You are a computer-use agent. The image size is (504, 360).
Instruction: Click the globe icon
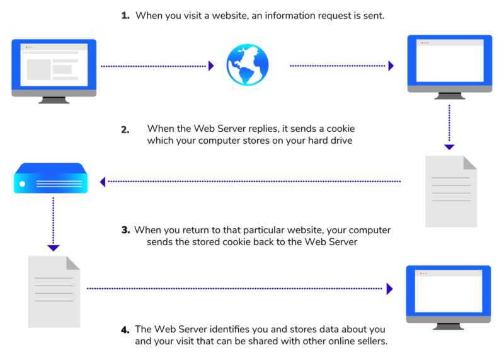point(248,65)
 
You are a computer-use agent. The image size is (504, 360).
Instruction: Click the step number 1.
point(125,15)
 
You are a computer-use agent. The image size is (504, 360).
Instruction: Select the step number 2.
point(125,129)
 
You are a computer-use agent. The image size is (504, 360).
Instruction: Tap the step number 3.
point(125,229)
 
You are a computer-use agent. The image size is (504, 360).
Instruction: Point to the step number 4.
point(125,329)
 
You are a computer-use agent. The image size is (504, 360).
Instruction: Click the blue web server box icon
point(50,178)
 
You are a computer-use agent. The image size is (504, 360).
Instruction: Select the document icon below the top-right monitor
point(450,191)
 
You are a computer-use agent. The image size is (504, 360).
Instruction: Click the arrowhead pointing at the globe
point(212,66)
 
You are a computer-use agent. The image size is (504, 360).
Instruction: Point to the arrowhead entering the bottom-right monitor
point(390,289)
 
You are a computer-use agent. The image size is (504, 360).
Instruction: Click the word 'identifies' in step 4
point(232,330)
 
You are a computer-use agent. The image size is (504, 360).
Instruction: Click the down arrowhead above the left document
point(54,248)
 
